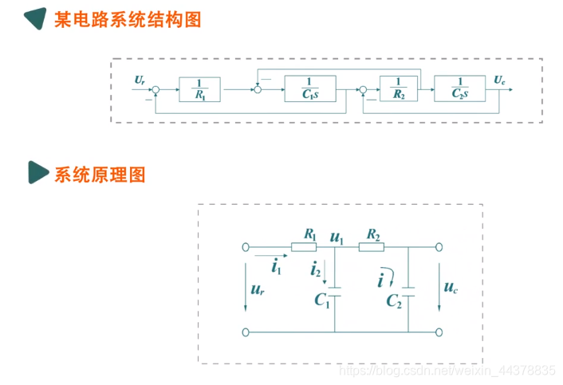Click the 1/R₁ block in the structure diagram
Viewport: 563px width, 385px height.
(200, 89)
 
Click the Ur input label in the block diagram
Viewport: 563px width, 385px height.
(140, 80)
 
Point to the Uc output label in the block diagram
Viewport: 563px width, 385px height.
(499, 79)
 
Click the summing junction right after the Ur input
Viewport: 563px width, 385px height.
(156, 89)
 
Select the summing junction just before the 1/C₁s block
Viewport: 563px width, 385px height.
(257, 89)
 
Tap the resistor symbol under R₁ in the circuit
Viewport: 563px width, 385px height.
(304, 247)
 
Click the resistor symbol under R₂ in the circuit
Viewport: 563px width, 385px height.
(372, 247)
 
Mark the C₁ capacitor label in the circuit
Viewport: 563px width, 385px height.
(322, 301)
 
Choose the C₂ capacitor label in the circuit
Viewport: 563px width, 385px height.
(394, 301)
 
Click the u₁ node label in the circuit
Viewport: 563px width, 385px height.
(337, 237)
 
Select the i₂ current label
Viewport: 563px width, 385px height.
(317, 271)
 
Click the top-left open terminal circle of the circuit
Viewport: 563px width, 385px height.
(246, 247)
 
